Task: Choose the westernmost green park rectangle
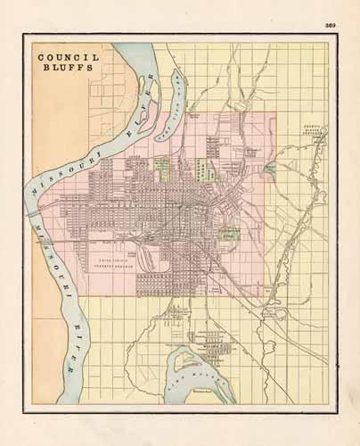click(163, 166)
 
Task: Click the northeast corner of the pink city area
click(274, 112)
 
